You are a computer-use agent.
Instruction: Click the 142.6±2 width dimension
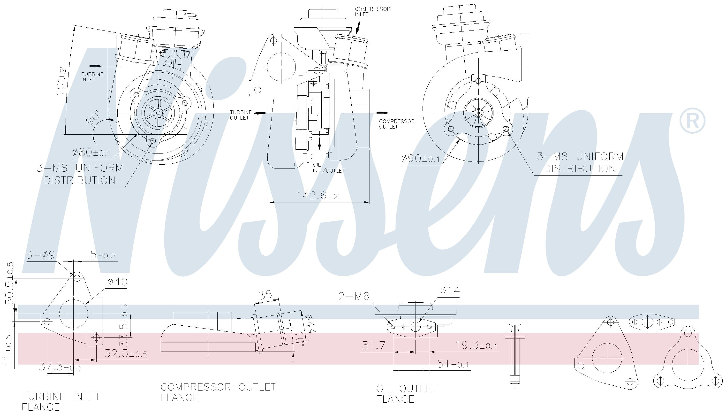click(x=317, y=196)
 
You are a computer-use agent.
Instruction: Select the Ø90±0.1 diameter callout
click(x=420, y=158)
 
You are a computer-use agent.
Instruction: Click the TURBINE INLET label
click(x=92, y=77)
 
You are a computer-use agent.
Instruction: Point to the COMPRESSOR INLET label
click(x=372, y=12)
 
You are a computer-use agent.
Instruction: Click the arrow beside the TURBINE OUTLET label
click(x=259, y=113)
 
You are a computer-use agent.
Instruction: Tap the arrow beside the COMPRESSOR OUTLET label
click(x=382, y=113)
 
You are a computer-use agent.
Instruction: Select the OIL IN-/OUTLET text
click(x=328, y=168)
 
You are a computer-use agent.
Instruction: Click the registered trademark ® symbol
click(x=692, y=121)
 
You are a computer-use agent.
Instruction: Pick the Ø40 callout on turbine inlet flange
click(x=117, y=282)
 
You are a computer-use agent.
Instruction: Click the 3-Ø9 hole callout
click(x=41, y=255)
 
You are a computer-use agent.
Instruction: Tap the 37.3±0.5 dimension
click(x=60, y=367)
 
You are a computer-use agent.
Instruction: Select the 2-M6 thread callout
click(x=354, y=297)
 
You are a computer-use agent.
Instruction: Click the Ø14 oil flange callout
click(x=450, y=291)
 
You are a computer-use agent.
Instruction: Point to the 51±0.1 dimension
click(x=453, y=364)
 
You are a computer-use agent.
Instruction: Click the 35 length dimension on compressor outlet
click(x=266, y=295)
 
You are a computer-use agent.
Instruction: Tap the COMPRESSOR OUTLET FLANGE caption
click(x=218, y=392)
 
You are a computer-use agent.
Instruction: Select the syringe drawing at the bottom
click(x=514, y=355)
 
